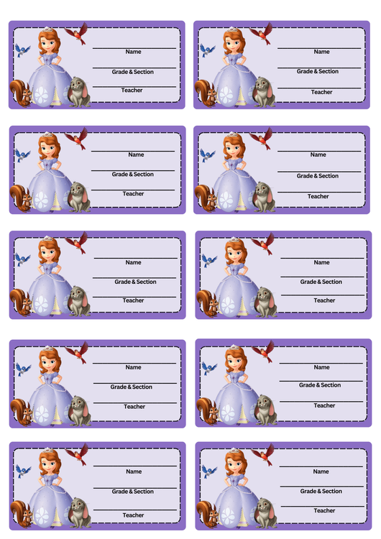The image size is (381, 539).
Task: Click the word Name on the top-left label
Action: pyautogui.click(x=133, y=52)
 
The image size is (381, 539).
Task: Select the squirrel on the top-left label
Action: pyautogui.click(x=20, y=93)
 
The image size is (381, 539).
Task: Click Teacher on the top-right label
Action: pyautogui.click(x=321, y=92)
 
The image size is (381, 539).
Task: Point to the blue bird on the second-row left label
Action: pyautogui.click(x=22, y=155)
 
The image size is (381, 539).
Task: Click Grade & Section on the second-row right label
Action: pyautogui.click(x=318, y=175)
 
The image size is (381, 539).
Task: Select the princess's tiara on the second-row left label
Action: pyautogui.click(x=47, y=134)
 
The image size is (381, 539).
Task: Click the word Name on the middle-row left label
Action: pyautogui.click(x=133, y=262)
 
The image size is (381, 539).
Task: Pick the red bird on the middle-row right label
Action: pyautogui.click(x=263, y=244)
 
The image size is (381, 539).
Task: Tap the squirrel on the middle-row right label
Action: pyautogui.click(x=208, y=303)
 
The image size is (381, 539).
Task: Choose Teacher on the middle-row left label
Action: pyautogui.click(x=133, y=300)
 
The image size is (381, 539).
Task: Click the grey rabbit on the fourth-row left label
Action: pyautogui.click(x=80, y=411)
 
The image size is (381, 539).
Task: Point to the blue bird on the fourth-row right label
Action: pyautogui.click(x=209, y=368)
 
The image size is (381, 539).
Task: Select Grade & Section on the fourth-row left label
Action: pyautogui.click(x=131, y=387)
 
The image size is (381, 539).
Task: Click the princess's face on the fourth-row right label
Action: pyautogui.click(x=234, y=362)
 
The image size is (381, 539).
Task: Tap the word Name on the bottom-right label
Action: pyautogui.click(x=321, y=471)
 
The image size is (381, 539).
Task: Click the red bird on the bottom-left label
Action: pyautogui.click(x=78, y=455)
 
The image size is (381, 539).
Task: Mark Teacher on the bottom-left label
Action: pyautogui.click(x=133, y=515)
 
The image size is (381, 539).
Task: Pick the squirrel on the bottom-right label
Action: pyautogui.click(x=208, y=515)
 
